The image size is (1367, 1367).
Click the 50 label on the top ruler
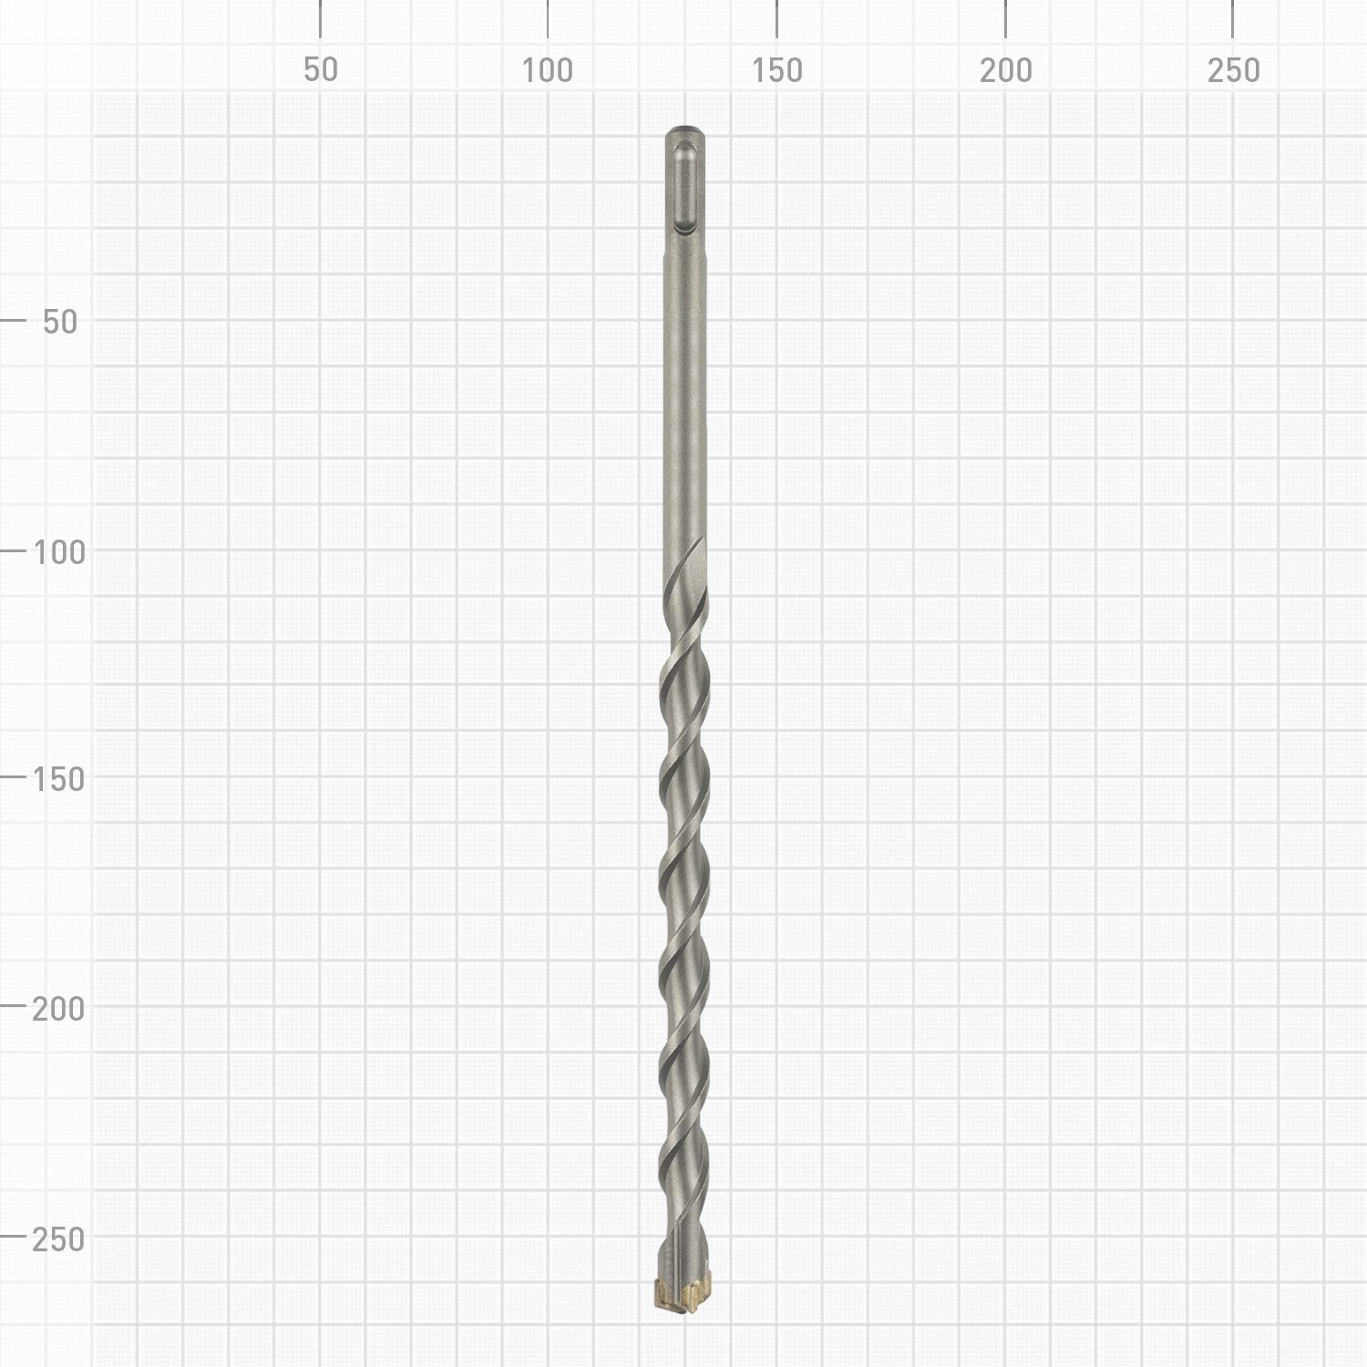[321, 70]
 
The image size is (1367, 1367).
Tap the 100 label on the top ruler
[548, 70]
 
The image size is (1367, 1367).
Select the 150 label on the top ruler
[777, 70]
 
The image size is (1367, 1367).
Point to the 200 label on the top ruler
[1006, 70]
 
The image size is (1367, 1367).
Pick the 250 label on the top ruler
[1234, 70]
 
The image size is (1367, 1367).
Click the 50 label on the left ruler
[60, 322]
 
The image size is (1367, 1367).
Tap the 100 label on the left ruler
[59, 551]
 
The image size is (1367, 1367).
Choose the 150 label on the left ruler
[59, 779]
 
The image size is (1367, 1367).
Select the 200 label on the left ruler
[59, 1009]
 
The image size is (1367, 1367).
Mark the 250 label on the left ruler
[59, 1239]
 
